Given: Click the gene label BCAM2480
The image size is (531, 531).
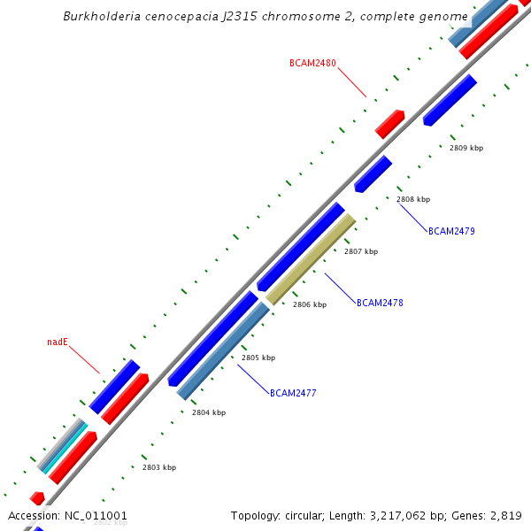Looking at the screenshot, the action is (312, 63).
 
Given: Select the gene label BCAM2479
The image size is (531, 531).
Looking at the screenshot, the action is (451, 231).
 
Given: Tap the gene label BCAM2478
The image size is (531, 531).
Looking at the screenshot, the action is (380, 303).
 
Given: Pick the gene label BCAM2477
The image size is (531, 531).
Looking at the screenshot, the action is (293, 393).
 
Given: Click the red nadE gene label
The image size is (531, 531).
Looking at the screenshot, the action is (58, 342).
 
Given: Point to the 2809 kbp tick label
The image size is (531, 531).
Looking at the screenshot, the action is (466, 148).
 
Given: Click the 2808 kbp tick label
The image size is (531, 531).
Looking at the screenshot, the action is (413, 199).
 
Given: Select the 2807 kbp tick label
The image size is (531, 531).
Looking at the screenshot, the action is (361, 251).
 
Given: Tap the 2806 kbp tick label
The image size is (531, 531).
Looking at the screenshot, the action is (310, 304).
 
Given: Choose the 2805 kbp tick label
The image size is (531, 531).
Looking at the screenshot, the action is (258, 358).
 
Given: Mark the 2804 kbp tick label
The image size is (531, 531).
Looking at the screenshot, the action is (209, 412).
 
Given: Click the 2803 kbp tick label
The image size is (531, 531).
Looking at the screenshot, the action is (159, 467).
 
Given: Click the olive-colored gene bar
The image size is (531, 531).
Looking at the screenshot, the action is (311, 259).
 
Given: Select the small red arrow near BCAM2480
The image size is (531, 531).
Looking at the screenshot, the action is (389, 124).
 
